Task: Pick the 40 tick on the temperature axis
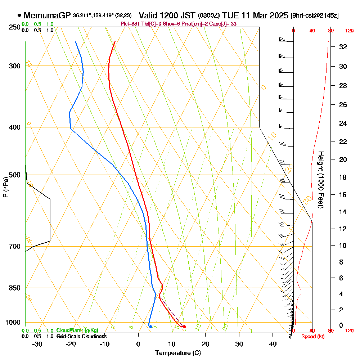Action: click(273, 344)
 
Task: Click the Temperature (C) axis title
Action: click(178, 353)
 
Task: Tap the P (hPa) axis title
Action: click(5, 187)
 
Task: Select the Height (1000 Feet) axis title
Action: click(320, 179)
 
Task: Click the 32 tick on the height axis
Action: click(343, 47)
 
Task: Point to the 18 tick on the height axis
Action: click(343, 177)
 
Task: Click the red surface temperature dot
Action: click(184, 327)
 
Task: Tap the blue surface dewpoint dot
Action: click(150, 326)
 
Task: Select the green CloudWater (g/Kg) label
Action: click(77, 330)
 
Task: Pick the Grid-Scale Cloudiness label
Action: click(81, 336)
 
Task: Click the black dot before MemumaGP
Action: click(19, 15)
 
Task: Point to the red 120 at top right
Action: click(349, 31)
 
